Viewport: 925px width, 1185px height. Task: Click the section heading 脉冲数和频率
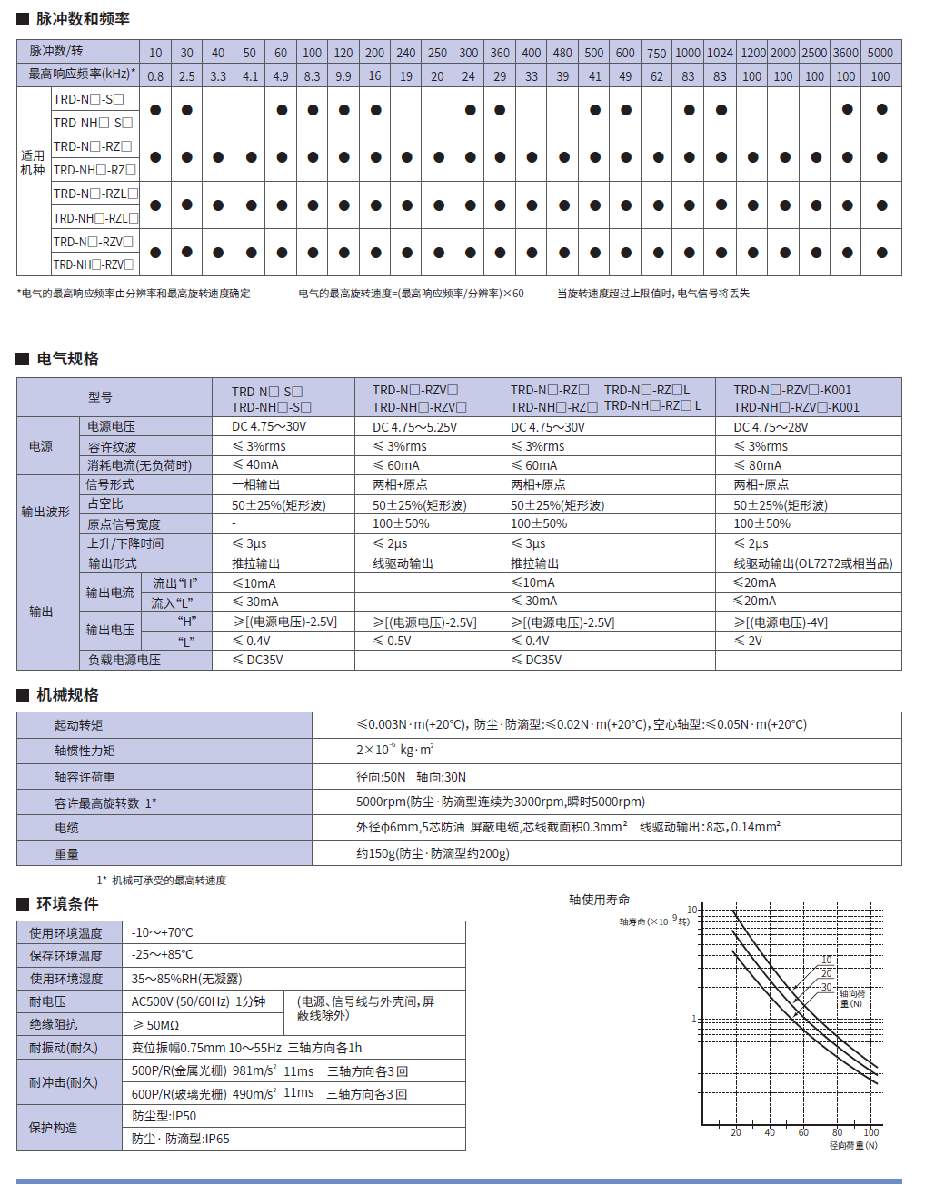pos(83,19)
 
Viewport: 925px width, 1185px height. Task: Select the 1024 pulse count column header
pos(720,53)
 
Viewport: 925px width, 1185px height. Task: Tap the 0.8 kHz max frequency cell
pos(155,76)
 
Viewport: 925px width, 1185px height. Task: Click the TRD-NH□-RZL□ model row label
pos(95,218)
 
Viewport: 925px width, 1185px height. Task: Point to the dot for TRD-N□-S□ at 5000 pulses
pos(881,110)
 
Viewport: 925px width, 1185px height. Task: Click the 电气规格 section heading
pos(67,359)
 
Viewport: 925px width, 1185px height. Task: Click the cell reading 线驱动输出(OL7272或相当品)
pos(812,563)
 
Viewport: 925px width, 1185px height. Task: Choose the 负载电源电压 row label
pos(124,660)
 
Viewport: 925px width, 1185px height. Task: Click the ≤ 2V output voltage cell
pos(749,641)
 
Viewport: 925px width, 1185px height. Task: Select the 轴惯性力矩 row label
pos(85,751)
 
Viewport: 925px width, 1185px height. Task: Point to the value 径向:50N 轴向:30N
pos(411,777)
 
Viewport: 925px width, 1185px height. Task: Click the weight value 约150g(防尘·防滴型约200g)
pos(433,853)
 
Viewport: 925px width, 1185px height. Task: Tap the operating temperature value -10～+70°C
pos(163,932)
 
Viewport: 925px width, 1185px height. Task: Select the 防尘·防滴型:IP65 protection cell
pos(181,1139)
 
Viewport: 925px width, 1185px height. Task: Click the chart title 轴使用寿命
pos(600,900)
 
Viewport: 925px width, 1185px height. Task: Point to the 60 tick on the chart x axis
pos(803,1132)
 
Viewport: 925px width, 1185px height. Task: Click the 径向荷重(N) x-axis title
pos(853,1145)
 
